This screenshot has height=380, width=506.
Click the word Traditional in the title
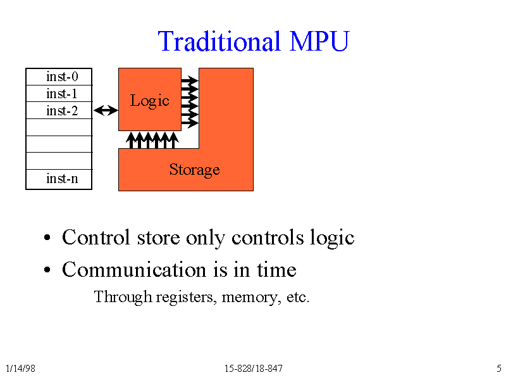pyautogui.click(x=219, y=41)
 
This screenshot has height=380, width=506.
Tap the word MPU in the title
pyautogui.click(x=319, y=41)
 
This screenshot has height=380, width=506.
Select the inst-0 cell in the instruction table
pyautogui.click(x=59, y=77)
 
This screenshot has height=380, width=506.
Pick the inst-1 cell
pyautogui.click(x=59, y=93)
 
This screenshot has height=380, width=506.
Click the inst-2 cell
pyautogui.click(x=59, y=110)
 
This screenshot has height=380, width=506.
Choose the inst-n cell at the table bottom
pyautogui.click(x=59, y=179)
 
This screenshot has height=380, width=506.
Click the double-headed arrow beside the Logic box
pyautogui.click(x=106, y=110)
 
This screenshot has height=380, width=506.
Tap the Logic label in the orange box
pyautogui.click(x=149, y=101)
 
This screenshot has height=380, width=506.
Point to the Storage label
pyautogui.click(x=194, y=170)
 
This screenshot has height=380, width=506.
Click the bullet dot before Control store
pyautogui.click(x=47, y=237)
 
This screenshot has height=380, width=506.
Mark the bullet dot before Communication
pyautogui.click(x=47, y=270)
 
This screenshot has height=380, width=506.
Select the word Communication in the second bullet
pyautogui.click(x=134, y=270)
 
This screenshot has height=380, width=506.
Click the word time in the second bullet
pyautogui.click(x=276, y=270)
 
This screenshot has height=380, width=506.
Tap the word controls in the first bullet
pyautogui.click(x=268, y=237)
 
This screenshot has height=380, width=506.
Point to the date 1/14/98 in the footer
pyautogui.click(x=20, y=369)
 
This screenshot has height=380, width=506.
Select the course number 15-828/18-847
pyautogui.click(x=254, y=369)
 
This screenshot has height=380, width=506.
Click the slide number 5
pyautogui.click(x=499, y=369)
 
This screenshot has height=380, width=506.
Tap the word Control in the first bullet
pyautogui.click(x=96, y=237)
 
